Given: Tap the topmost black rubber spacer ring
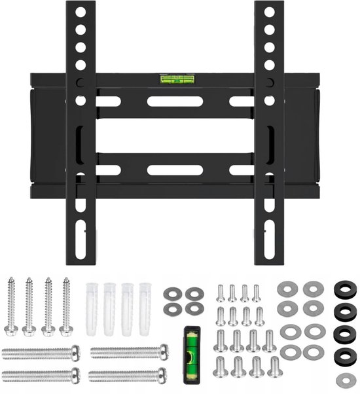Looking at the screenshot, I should pyautogui.click(x=342, y=289).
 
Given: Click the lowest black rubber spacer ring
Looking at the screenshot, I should pyautogui.click(x=342, y=356).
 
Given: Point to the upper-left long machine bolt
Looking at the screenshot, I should pyautogui.click(x=41, y=353).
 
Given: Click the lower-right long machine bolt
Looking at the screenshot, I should pyautogui.click(x=127, y=375).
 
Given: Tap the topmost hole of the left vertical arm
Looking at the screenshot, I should pyautogui.click(x=81, y=12).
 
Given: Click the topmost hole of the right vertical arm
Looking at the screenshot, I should pyautogui.click(x=268, y=12).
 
